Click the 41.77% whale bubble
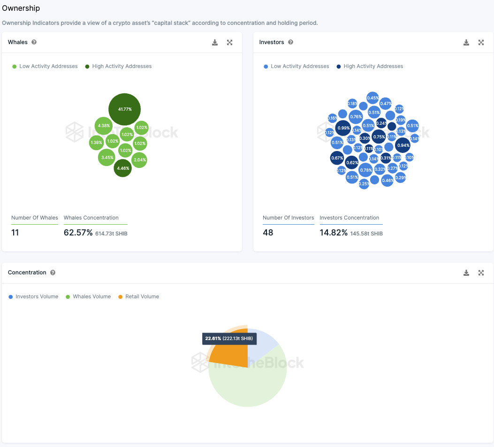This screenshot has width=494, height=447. [x=124, y=109]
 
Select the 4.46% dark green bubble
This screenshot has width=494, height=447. [x=122, y=168]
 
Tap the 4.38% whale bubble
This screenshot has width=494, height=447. [x=104, y=126]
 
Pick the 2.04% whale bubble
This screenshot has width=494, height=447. [x=139, y=160]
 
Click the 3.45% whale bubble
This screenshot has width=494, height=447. [x=107, y=158]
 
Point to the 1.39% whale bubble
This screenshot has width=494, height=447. [x=96, y=143]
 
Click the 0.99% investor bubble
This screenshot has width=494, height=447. [x=343, y=128]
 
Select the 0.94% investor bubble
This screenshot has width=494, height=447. [x=403, y=145]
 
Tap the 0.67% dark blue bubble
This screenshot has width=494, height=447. [x=337, y=158]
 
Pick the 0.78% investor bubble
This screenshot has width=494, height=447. [x=365, y=170]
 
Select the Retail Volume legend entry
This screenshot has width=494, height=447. [x=139, y=296]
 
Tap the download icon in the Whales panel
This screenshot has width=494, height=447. [x=215, y=43]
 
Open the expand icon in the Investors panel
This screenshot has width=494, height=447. [x=481, y=43]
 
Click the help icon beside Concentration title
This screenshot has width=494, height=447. [x=53, y=273]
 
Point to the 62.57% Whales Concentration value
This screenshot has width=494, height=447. [x=78, y=233]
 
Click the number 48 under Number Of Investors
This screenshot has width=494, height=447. [x=268, y=233]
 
